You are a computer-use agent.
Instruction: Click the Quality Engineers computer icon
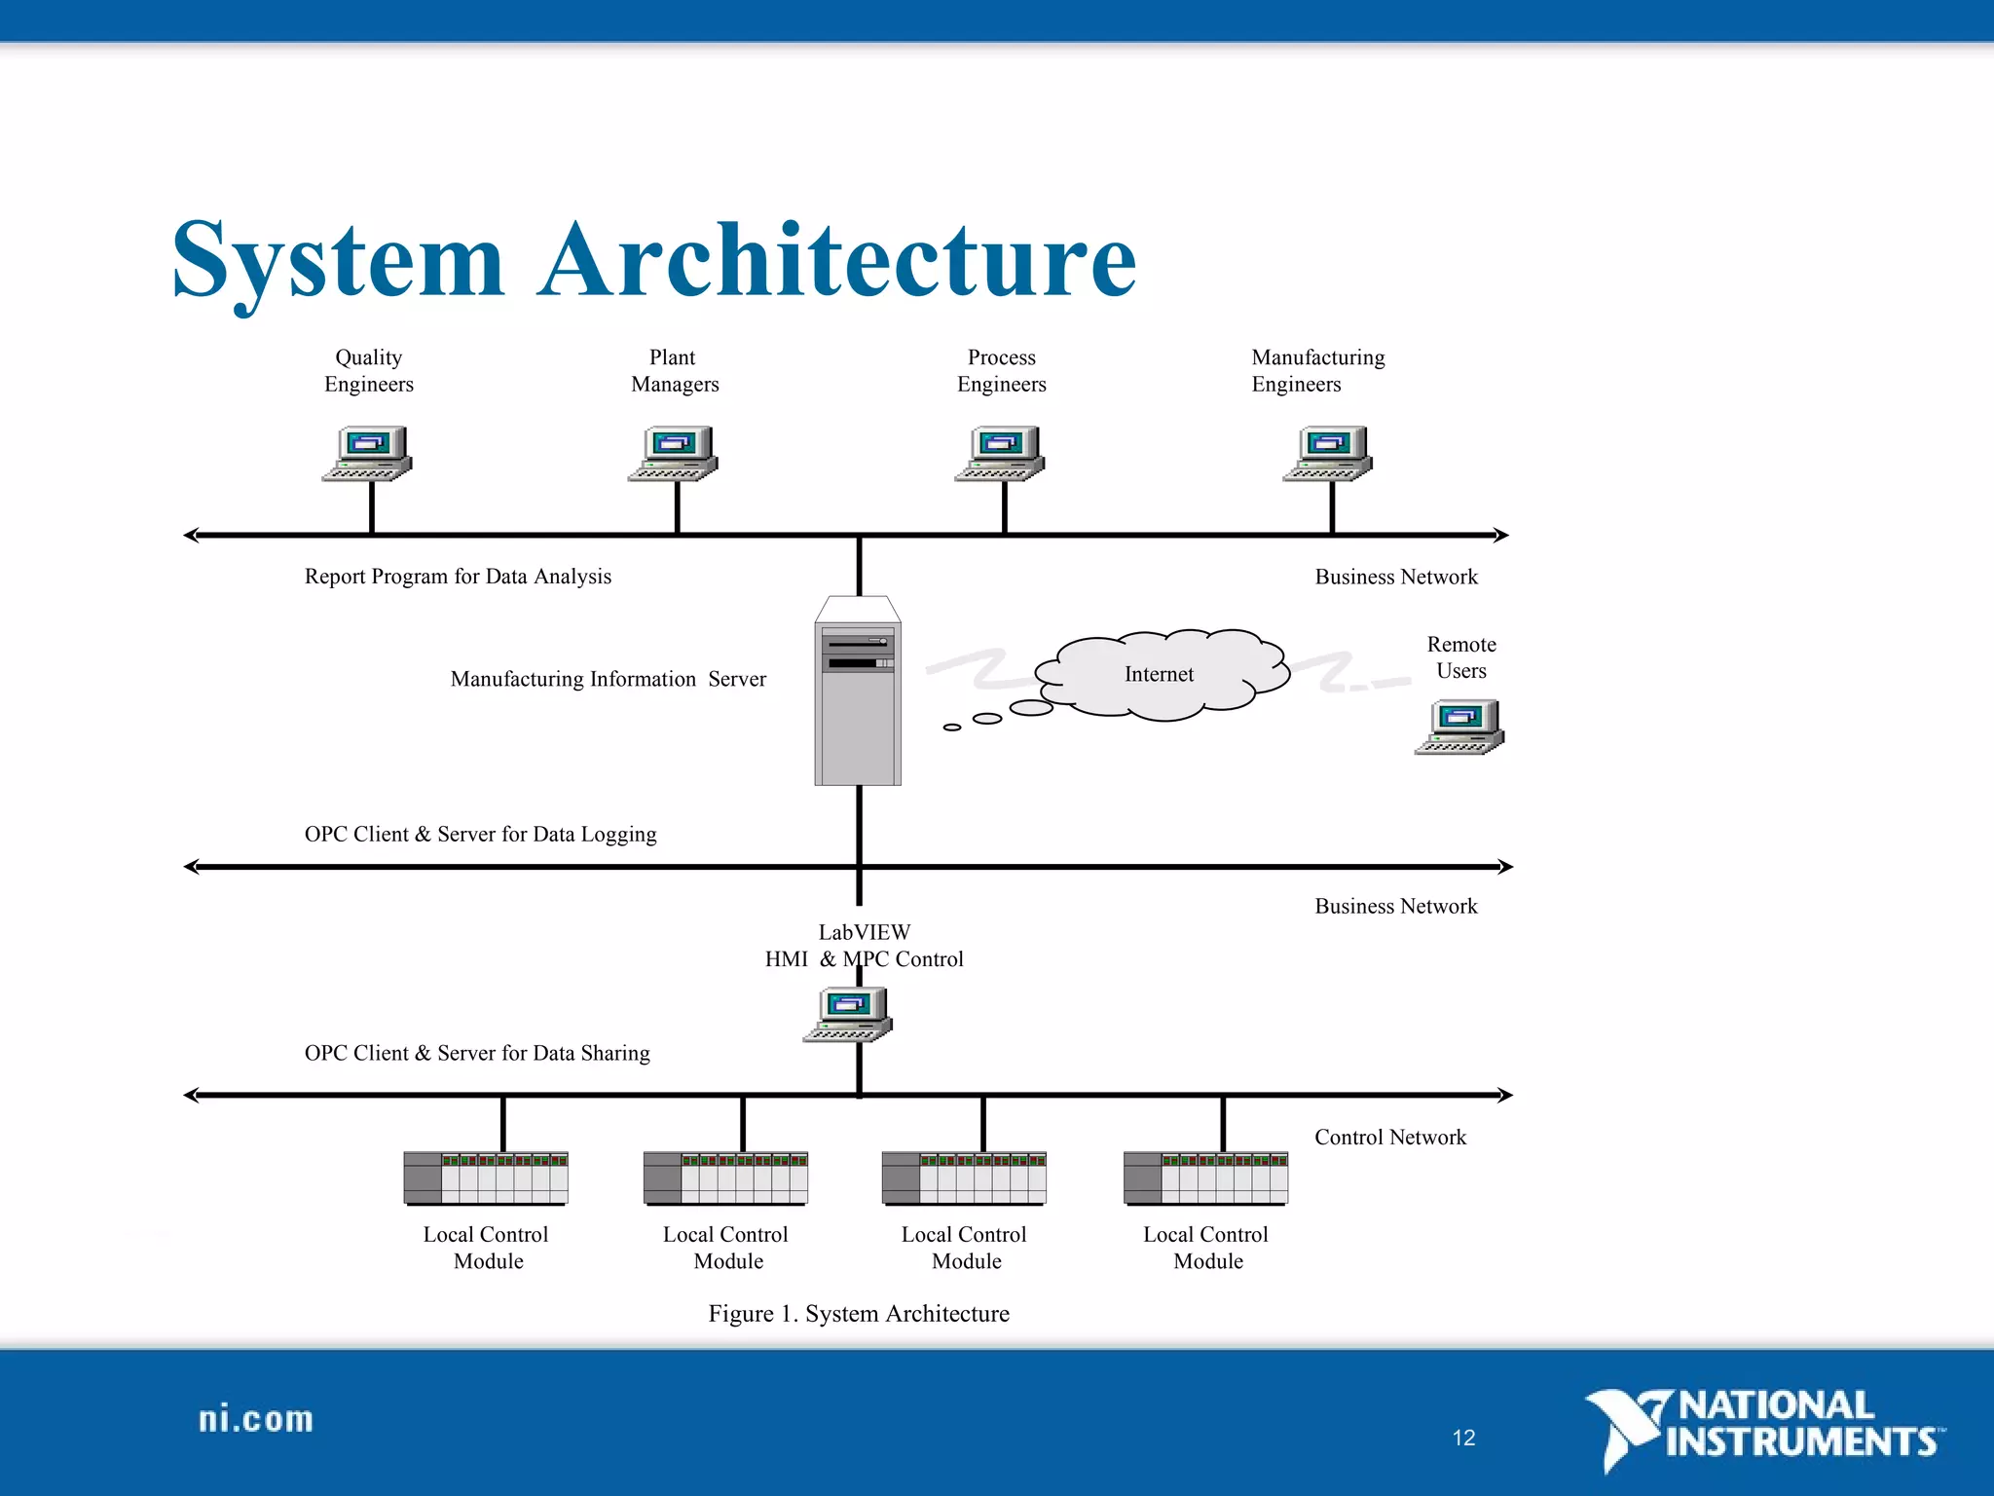click(x=367, y=454)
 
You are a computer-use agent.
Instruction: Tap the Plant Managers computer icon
click(x=673, y=454)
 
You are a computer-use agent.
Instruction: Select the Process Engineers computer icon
click(x=1000, y=454)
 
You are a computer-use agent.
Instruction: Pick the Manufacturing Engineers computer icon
click(x=1328, y=454)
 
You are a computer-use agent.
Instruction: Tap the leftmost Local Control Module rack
click(x=486, y=1178)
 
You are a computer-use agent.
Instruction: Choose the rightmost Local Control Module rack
click(x=1205, y=1178)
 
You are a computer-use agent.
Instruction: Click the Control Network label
click(x=1389, y=1138)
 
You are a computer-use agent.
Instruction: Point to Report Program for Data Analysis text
click(x=458, y=577)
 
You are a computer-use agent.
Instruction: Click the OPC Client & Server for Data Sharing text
click(x=477, y=1053)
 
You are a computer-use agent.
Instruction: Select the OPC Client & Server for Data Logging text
click(x=480, y=835)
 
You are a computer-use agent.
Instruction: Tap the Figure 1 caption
click(x=859, y=1314)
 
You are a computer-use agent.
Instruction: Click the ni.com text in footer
click(x=256, y=1419)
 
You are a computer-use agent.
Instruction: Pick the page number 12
click(x=1463, y=1438)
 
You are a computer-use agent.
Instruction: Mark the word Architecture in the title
click(x=837, y=261)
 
